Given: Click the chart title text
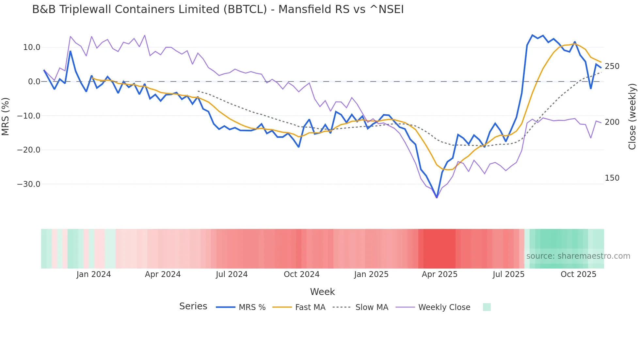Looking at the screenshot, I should point(218,9).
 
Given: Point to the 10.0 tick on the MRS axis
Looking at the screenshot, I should point(32,47).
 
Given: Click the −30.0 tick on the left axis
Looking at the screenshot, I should point(29,184).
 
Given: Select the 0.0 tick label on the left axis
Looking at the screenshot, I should point(34,82).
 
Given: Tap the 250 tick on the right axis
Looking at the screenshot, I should point(612,66).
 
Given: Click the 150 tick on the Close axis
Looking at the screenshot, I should point(612,178).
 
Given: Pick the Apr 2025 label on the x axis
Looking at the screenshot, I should point(440,274).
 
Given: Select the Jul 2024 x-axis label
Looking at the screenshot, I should point(232,274).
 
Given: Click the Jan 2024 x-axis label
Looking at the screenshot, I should point(94,274).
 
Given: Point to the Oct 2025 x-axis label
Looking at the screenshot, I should point(578,274).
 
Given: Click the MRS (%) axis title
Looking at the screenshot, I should point(6,116).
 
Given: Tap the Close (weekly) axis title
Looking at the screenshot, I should point(632,117).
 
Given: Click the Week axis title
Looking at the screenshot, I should point(322,292).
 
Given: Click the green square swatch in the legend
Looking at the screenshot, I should point(487,307).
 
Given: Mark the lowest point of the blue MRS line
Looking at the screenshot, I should point(437,198).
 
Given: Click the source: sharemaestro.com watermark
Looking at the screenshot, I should point(578,256).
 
